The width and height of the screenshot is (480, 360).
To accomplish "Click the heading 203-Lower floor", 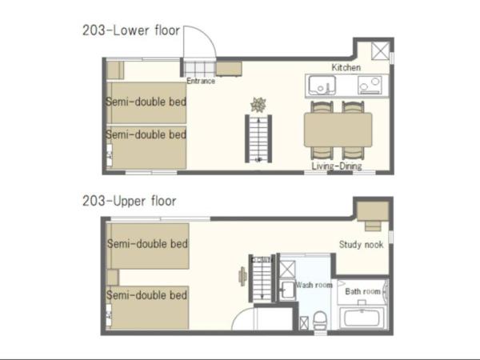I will point(132,31).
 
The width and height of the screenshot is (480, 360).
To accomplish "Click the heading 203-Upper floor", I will point(129,201).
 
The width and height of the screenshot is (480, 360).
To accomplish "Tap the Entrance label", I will point(201,81).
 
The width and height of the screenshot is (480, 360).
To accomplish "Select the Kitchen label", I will point(346,67).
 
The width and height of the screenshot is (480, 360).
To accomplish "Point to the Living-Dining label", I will point(337,166).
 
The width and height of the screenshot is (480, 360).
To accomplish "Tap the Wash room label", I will point(314,285).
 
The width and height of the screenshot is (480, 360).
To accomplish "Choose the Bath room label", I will point(362,291).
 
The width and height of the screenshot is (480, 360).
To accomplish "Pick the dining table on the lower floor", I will point(338,129).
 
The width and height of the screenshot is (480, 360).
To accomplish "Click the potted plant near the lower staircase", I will point(258,104).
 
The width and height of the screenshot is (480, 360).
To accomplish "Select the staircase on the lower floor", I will point(258,138).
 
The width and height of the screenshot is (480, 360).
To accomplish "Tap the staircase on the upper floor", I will point(262,278).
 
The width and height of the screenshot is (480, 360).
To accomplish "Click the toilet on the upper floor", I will point(320,321).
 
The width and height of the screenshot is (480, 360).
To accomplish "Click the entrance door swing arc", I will point(199,42).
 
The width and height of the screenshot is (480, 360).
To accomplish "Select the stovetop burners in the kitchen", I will point(370,84).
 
